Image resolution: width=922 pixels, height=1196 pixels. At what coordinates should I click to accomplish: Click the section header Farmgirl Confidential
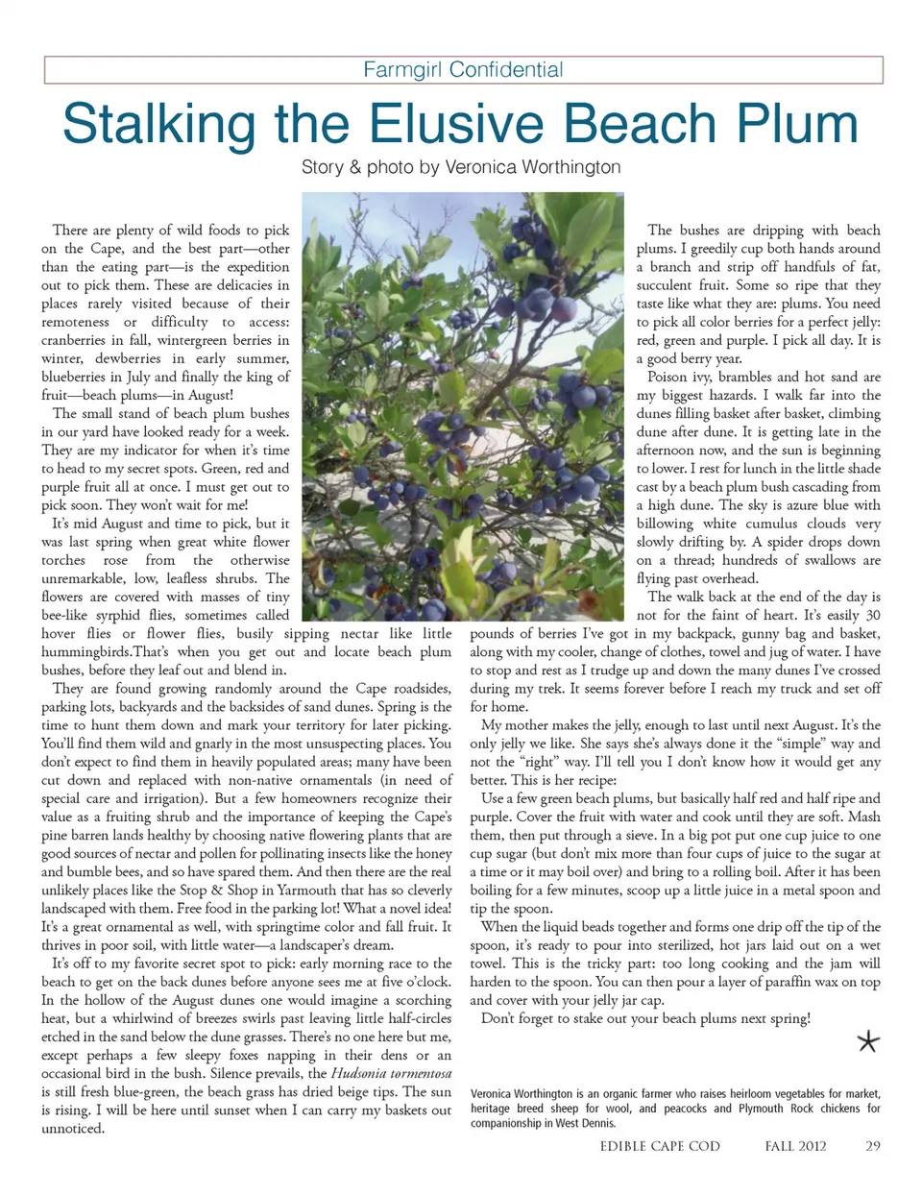click(x=463, y=70)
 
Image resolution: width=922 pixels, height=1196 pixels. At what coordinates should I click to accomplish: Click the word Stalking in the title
click(x=158, y=124)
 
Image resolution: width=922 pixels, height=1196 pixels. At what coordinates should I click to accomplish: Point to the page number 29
click(x=872, y=1146)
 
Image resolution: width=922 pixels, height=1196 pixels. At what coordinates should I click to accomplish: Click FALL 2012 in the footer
click(x=795, y=1146)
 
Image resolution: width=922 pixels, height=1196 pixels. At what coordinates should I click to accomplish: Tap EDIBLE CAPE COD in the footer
click(x=660, y=1146)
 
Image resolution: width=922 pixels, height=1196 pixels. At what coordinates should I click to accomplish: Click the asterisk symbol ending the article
click(x=868, y=1041)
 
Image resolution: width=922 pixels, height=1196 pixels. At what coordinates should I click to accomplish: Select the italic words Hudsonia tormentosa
click(x=391, y=1073)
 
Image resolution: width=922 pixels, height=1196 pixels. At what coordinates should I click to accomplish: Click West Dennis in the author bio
click(x=584, y=1123)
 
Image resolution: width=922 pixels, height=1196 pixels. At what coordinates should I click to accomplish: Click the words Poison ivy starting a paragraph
click(x=679, y=377)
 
